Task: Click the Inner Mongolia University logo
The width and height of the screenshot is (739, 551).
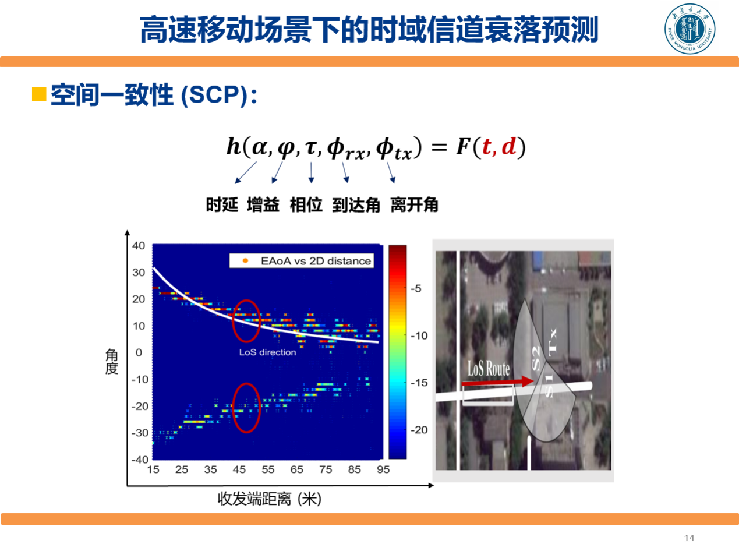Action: coord(690,29)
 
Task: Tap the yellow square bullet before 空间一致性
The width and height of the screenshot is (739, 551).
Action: coord(39,94)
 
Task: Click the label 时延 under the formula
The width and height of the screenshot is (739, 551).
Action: coord(222,204)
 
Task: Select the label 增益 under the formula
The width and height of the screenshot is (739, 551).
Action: coord(263,204)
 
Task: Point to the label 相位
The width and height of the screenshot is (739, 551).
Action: coord(306,204)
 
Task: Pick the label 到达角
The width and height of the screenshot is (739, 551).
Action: coord(356,204)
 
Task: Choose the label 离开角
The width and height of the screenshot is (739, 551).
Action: coord(415,204)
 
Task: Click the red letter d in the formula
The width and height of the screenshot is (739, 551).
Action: coord(508,146)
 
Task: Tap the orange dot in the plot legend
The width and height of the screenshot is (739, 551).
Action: coord(245,260)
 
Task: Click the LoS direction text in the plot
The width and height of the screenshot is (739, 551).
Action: coord(268,352)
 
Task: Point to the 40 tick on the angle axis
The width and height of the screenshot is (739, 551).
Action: coord(139,245)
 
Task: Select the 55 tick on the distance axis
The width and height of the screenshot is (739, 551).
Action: coord(268,469)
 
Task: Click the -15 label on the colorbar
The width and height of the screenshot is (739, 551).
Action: coord(419,383)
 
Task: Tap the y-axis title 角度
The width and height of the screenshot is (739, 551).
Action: coord(111,362)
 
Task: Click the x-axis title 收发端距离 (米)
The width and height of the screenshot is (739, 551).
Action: coord(270,499)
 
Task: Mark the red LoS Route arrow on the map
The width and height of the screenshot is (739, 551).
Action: coord(497,382)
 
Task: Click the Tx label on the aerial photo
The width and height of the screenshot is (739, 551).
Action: coord(553,342)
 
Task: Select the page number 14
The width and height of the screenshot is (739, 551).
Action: coord(689,538)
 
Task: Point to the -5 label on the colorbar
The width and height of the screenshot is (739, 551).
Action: coord(416,288)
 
